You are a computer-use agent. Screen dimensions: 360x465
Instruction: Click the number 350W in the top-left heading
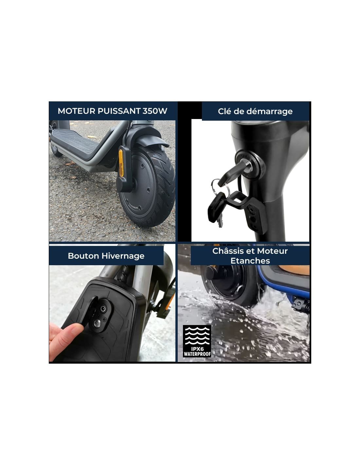(154, 111)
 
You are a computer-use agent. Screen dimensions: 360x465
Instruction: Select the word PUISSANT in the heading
(119, 111)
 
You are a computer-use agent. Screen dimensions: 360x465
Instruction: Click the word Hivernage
(123, 256)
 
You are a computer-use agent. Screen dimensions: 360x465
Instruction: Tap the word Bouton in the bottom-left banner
(83, 256)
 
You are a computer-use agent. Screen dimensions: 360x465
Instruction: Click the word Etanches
(250, 261)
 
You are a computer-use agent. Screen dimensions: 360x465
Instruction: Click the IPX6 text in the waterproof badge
(197, 349)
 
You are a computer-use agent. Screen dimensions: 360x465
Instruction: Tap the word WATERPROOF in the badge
(197, 354)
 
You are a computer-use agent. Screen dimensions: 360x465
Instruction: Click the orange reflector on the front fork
(121, 163)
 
